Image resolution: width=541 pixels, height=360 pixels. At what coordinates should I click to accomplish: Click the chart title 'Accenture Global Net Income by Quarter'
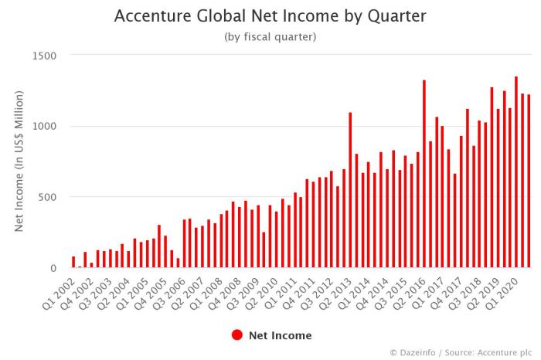tap(270, 16)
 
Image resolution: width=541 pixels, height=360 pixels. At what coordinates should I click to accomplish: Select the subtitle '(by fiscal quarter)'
tap(270, 36)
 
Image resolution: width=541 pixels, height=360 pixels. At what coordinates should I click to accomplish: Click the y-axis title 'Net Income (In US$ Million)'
tap(20, 161)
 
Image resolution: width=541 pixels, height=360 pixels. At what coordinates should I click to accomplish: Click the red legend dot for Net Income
tap(237, 335)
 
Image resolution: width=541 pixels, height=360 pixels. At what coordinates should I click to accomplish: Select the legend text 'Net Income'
tap(280, 335)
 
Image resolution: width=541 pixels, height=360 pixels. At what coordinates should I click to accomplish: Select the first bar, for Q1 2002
tap(73, 263)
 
